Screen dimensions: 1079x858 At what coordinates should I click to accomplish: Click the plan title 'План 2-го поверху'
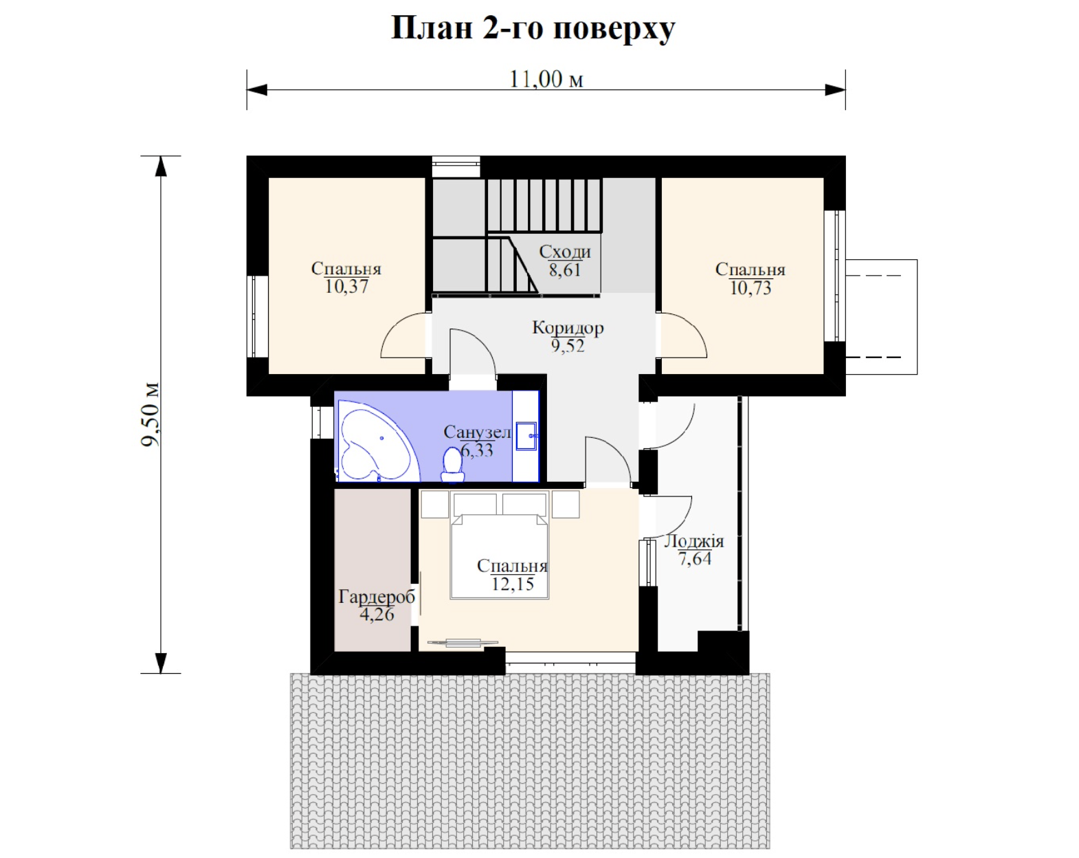(x=533, y=29)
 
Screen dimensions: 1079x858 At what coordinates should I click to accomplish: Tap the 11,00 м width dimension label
(x=546, y=79)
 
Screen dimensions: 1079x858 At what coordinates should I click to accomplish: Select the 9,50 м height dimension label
(x=150, y=415)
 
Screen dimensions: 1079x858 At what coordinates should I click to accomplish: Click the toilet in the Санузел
(x=452, y=465)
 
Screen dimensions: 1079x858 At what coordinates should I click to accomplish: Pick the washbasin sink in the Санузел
(x=526, y=437)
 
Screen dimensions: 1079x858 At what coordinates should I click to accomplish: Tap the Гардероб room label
(x=377, y=597)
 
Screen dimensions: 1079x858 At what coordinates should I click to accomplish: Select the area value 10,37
(x=346, y=287)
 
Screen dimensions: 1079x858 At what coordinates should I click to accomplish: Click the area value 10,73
(x=750, y=288)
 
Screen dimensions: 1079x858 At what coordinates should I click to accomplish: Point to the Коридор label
(x=568, y=328)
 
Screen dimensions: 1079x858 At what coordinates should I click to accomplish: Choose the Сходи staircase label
(x=565, y=252)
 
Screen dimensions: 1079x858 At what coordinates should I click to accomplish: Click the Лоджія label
(x=694, y=542)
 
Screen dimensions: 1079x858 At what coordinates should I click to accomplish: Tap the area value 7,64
(x=695, y=559)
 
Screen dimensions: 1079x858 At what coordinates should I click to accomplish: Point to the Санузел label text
(x=478, y=432)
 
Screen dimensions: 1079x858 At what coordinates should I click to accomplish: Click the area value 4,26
(x=377, y=614)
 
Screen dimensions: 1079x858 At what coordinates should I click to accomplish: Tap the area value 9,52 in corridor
(x=568, y=346)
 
